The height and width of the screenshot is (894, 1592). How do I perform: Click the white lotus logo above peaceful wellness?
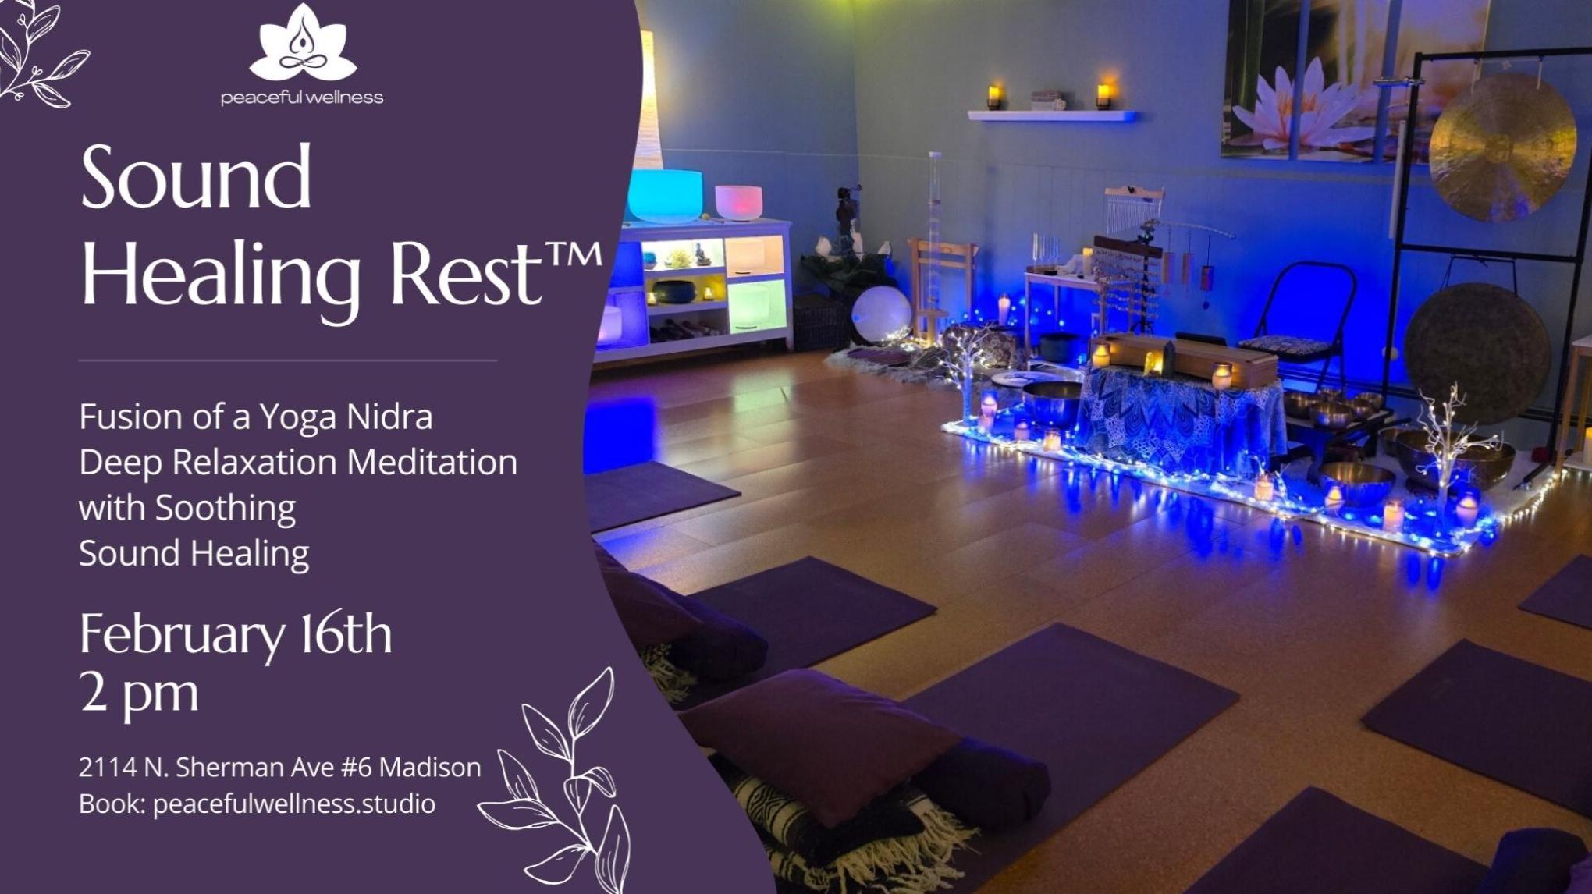point(302,43)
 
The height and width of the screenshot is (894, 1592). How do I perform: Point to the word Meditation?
point(432,462)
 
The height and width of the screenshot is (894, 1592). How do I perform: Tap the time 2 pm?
point(139,692)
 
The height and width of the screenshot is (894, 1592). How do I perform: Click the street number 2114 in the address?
point(108,768)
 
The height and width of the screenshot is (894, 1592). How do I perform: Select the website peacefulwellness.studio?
point(294,804)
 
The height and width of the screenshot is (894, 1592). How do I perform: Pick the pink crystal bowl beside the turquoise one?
point(738,203)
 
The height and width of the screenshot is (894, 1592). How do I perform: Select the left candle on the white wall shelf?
point(994,97)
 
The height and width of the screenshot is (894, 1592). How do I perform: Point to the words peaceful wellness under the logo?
point(302,98)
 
